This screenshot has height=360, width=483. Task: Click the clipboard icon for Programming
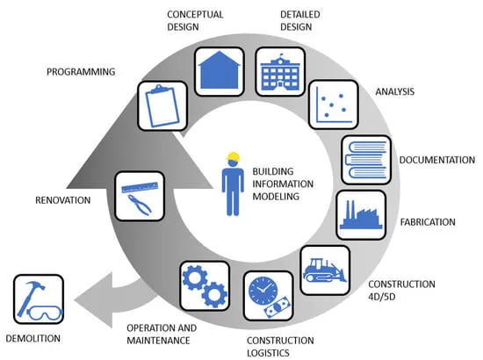(162, 105)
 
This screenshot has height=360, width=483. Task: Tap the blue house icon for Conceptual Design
(220, 70)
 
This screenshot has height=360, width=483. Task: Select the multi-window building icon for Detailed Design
(280, 72)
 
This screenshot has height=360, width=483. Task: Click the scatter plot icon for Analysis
(334, 105)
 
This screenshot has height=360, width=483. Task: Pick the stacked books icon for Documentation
(366, 160)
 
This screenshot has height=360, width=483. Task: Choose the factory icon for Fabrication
(361, 215)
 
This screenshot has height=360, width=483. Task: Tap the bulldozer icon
(325, 270)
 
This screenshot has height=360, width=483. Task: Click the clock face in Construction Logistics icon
(263, 291)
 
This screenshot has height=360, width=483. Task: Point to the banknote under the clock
(278, 308)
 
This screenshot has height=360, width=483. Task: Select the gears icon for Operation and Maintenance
(205, 285)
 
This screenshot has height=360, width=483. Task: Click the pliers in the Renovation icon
(140, 205)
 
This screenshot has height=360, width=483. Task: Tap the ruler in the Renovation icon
(140, 187)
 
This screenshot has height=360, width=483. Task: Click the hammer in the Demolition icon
(30, 297)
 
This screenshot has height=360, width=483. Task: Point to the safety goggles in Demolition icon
(45, 313)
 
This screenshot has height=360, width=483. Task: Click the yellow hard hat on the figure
(234, 157)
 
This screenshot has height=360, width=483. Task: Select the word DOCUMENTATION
(437, 160)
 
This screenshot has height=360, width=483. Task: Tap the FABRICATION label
(428, 222)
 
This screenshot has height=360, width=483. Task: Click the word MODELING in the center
(276, 196)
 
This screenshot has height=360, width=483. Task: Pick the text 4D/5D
(382, 297)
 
